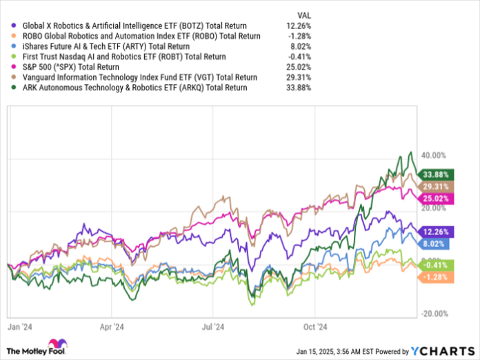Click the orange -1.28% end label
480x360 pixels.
click(x=433, y=277)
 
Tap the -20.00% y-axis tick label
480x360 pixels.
click(x=434, y=313)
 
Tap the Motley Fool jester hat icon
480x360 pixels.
click(x=54, y=346)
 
